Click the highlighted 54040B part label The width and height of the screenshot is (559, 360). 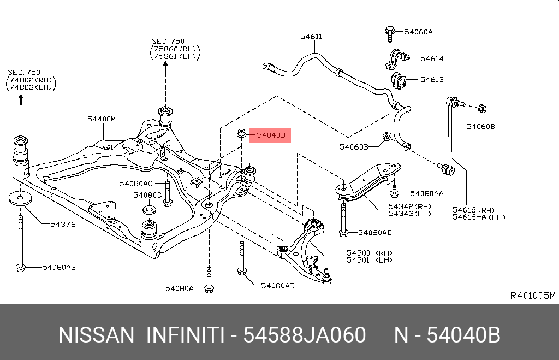pyautogui.click(x=270, y=135)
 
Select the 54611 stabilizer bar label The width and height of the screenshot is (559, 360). pyautogui.click(x=311, y=37)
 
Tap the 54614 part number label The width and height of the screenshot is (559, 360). pyautogui.click(x=431, y=58)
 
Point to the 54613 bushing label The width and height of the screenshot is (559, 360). pyautogui.click(x=431, y=80)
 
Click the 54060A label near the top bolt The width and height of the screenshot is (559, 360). pyautogui.click(x=418, y=32)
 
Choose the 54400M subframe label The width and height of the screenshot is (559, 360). pyautogui.click(x=102, y=119)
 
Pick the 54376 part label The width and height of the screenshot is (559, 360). pyautogui.click(x=63, y=224)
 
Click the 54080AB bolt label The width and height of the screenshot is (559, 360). pyautogui.click(x=59, y=267)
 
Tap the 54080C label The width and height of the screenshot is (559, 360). pyautogui.click(x=147, y=195)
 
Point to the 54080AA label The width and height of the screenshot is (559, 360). pyautogui.click(x=426, y=193)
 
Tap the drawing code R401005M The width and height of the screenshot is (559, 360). pyautogui.click(x=532, y=296)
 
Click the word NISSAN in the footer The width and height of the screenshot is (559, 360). pyautogui.click(x=96, y=335)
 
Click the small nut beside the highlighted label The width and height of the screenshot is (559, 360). pyautogui.click(x=241, y=133)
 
